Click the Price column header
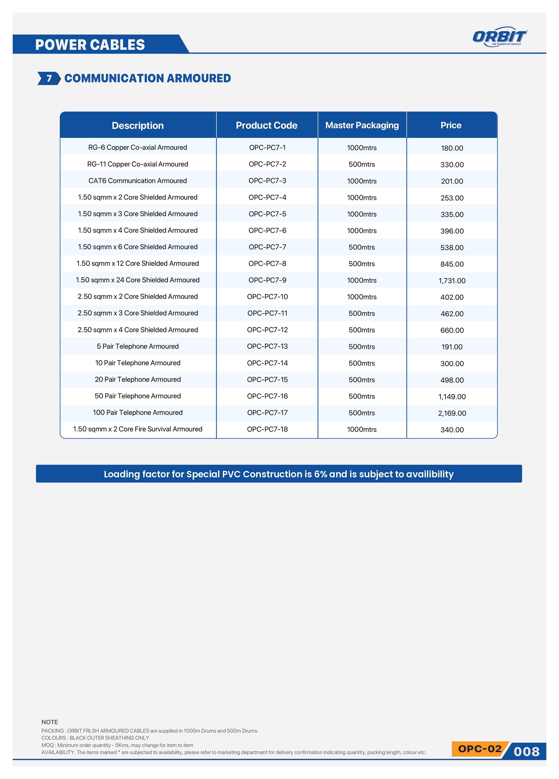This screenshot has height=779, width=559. point(451,125)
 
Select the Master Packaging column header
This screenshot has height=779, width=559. point(362,125)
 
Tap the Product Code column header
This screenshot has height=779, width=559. point(266,125)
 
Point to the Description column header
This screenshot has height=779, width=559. point(137,125)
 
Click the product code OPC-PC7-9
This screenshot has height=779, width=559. point(267,280)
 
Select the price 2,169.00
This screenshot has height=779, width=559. point(452,413)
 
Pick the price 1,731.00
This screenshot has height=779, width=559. point(452,281)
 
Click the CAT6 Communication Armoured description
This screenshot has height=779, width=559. point(137,181)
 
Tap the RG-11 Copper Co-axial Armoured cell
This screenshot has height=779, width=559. point(137,164)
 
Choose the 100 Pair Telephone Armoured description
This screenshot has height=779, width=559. point(137,412)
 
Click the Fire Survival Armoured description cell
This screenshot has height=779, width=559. point(137,429)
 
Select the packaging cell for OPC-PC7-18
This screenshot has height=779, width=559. point(362,429)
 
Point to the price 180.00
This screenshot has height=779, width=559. point(452,148)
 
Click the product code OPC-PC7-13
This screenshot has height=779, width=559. point(267,346)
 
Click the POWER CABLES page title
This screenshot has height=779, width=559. point(90,45)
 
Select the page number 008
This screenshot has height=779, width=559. point(526,752)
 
